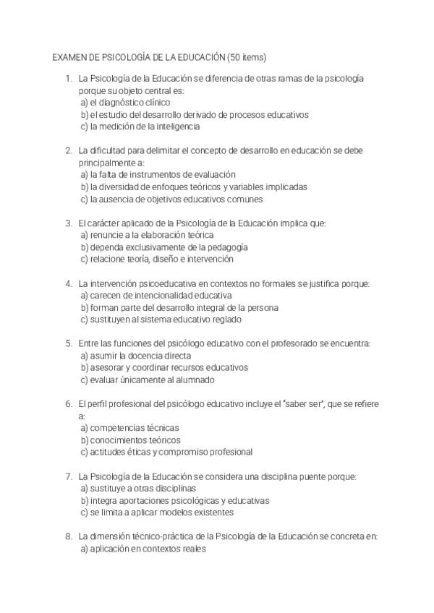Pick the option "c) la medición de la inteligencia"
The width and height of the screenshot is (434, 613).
tap(140, 127)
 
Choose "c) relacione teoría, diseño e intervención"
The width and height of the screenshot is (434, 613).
tap(157, 259)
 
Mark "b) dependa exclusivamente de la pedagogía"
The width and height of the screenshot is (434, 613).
tap(159, 247)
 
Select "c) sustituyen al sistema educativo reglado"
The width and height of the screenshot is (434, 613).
tap(161, 320)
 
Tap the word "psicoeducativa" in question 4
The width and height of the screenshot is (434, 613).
tap(161, 283)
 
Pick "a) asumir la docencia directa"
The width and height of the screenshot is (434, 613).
tap(135, 356)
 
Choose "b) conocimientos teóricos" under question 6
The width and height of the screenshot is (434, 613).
tap(130, 440)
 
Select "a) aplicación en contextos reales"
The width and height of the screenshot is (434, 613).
tap(143, 549)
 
